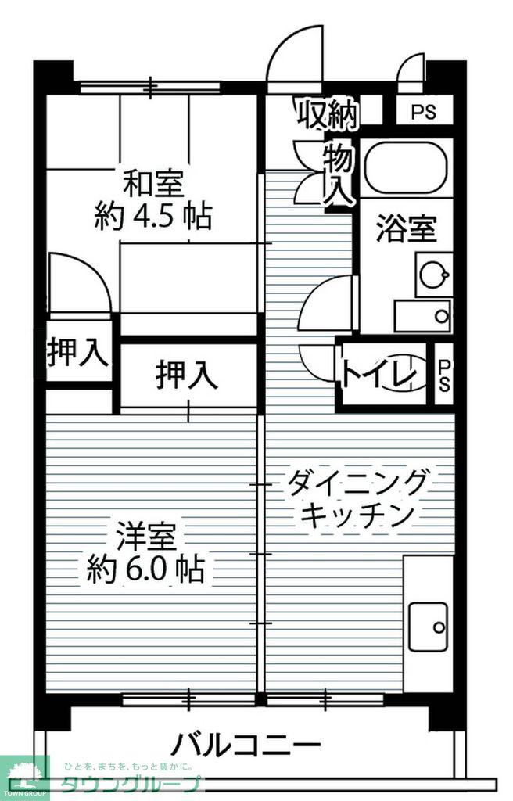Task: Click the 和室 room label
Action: (154, 185)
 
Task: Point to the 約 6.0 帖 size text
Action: (146, 569)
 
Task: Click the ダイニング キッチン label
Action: (356, 499)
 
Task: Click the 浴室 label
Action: (406, 229)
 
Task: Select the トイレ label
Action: (378, 375)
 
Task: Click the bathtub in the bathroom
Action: (407, 167)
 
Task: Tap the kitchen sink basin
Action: (429, 627)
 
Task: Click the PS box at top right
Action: (425, 111)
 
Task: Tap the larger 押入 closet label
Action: (186, 375)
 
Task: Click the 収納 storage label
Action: (327, 113)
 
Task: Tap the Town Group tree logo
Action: (24, 774)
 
